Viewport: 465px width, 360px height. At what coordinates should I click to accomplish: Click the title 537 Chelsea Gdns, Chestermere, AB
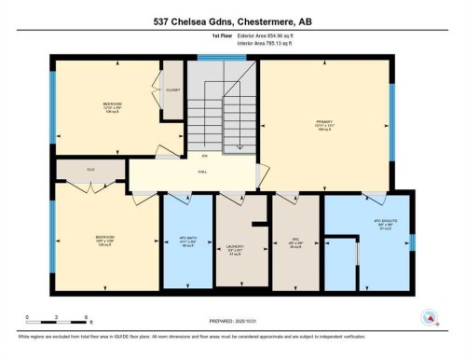(232, 21)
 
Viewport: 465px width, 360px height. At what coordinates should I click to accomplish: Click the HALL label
(202, 173)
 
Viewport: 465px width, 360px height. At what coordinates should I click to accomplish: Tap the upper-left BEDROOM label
(114, 105)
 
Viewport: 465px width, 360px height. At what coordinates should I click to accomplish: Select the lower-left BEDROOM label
(104, 239)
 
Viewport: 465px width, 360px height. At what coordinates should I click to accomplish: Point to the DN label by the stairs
(202, 155)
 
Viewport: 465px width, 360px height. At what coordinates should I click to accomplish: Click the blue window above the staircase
(221, 58)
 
